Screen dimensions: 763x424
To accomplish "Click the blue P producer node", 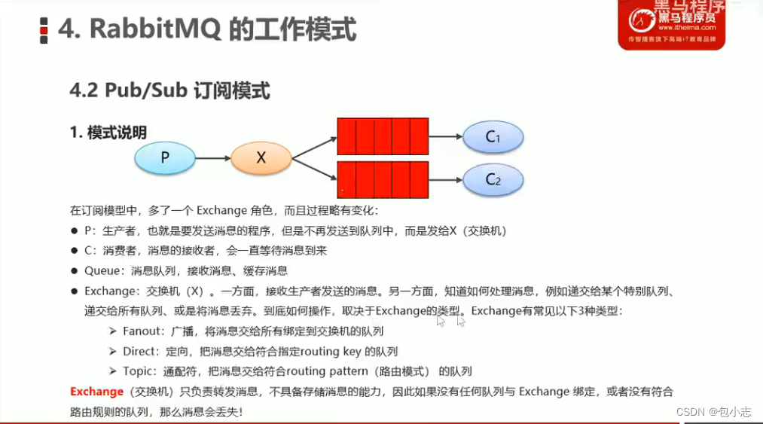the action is pyautogui.click(x=165, y=157).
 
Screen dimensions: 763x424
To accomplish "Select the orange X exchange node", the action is pyautogui.click(x=261, y=157).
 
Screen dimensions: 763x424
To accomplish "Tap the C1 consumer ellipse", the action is pyautogui.click(x=493, y=137).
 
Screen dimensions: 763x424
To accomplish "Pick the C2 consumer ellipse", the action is pyautogui.click(x=493, y=180).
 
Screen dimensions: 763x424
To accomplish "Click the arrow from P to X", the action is pyautogui.click(x=213, y=157).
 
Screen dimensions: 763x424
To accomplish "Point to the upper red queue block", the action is pyautogui.click(x=383, y=136).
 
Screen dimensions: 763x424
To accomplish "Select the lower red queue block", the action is pyautogui.click(x=383, y=180).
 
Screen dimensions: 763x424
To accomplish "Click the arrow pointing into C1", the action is pyautogui.click(x=446, y=137).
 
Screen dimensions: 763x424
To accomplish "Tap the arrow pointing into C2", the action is pyautogui.click(x=446, y=180).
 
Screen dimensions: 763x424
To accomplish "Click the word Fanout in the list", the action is pyautogui.click(x=141, y=331).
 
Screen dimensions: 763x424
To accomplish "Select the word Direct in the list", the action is pyautogui.click(x=139, y=352).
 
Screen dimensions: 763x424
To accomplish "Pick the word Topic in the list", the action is pyautogui.click(x=137, y=371).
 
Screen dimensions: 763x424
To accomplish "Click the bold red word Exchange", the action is pyautogui.click(x=97, y=392).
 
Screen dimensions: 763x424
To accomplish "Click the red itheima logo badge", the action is pyautogui.click(x=672, y=24).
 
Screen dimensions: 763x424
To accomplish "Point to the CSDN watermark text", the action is pyautogui.click(x=713, y=412).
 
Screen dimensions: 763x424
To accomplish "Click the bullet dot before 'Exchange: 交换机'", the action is pyautogui.click(x=74, y=291).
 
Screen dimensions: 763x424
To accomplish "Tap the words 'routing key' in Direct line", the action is pyautogui.click(x=331, y=352).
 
